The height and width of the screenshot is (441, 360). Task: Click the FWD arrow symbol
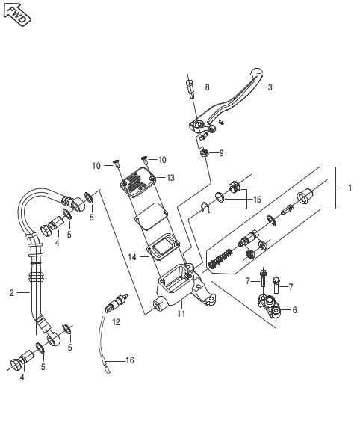[16, 15]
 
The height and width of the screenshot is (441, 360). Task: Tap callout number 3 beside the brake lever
[270, 87]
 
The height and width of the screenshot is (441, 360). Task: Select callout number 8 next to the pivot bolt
[207, 87]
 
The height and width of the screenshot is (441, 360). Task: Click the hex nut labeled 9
[204, 153]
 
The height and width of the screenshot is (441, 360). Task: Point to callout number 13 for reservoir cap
[170, 178]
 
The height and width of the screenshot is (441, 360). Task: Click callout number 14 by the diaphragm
[132, 257]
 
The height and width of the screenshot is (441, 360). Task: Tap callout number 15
[257, 200]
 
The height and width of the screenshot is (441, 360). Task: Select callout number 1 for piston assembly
[350, 188]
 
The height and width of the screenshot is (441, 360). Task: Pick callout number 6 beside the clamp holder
[294, 310]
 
